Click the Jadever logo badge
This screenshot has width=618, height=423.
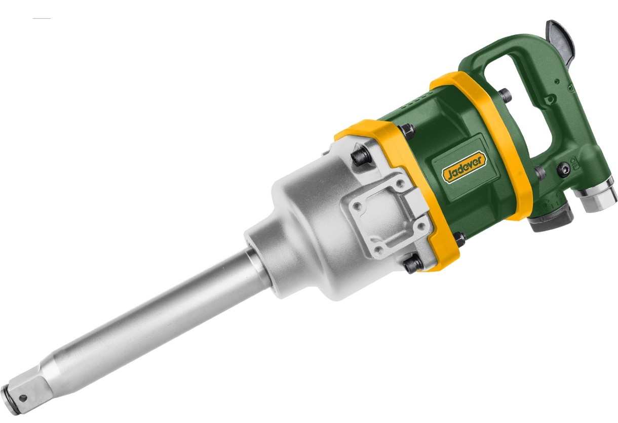click(x=464, y=167)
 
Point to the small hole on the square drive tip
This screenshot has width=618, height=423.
click(x=23, y=398)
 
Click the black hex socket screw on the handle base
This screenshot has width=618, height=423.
click(x=563, y=169)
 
